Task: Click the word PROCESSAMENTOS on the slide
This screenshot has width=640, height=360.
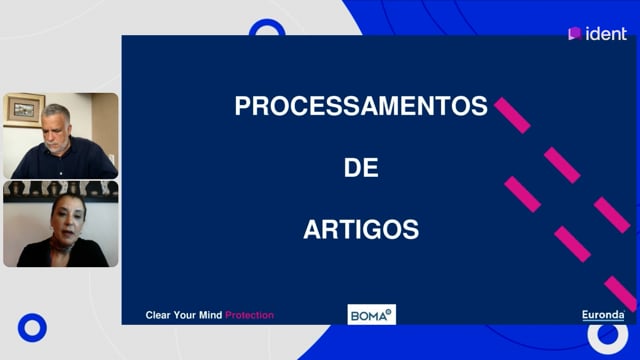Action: coord(361,106)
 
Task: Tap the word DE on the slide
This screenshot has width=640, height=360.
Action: coord(361,167)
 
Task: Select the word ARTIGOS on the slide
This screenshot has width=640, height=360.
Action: coord(361,229)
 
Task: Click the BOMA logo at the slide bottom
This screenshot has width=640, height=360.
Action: coord(371,314)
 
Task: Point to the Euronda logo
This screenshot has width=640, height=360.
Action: coord(603,315)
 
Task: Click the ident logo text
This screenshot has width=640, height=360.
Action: coord(606,34)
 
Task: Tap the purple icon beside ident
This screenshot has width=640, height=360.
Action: coord(575,33)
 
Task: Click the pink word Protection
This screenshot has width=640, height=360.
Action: coord(249,315)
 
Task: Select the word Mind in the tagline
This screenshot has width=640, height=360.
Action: coord(211,315)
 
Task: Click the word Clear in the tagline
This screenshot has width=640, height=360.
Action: coord(158,315)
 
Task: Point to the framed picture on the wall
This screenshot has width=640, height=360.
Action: coord(24,110)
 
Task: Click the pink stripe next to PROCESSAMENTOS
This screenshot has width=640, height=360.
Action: coord(512,116)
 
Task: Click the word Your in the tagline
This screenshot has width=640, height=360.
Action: coord(185,315)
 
